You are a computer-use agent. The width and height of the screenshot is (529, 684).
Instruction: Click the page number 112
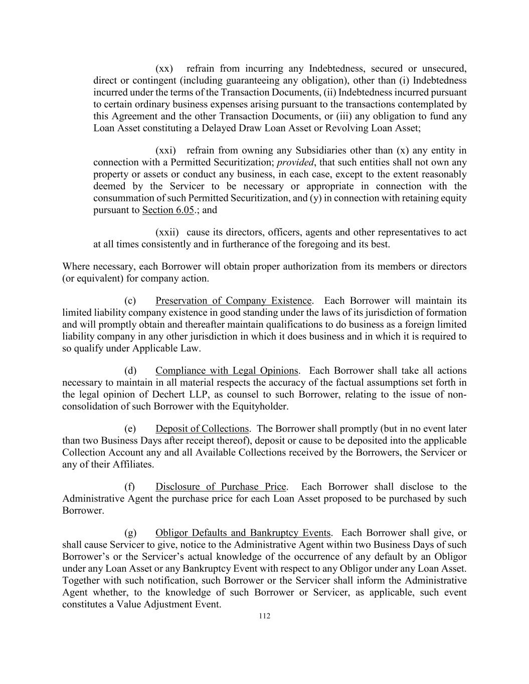(x=264, y=616)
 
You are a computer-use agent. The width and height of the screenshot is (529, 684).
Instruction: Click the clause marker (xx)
(x=164, y=69)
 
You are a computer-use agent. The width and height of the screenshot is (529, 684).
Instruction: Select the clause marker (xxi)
(x=165, y=150)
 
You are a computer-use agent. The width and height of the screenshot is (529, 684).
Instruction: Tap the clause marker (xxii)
(x=167, y=233)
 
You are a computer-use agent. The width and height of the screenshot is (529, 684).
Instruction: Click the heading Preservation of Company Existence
(x=234, y=301)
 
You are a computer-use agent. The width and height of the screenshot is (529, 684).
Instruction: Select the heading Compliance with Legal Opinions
(x=227, y=371)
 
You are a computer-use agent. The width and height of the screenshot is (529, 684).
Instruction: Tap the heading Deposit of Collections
(x=202, y=429)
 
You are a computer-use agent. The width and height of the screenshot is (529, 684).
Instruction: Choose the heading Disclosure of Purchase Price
(x=221, y=487)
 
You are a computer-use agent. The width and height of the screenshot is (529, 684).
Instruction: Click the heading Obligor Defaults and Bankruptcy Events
(x=243, y=533)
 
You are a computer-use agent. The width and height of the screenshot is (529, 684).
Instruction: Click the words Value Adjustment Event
(x=168, y=604)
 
